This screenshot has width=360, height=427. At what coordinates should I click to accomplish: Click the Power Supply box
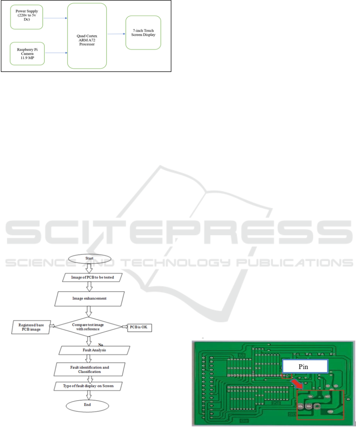[x=27, y=17]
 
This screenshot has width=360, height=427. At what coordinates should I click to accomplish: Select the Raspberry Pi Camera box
[x=27, y=54]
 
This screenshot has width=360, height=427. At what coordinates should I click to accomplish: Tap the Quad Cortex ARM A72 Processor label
[x=87, y=40]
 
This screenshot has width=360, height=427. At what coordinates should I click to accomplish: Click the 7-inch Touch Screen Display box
[x=143, y=33]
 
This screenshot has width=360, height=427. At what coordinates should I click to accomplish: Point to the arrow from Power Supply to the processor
[x=55, y=18]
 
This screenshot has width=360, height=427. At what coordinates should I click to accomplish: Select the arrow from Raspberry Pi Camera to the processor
[x=56, y=53]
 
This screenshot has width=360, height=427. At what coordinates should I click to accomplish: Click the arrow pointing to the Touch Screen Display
[x=116, y=34]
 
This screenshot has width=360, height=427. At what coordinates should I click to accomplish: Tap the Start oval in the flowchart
[x=90, y=258]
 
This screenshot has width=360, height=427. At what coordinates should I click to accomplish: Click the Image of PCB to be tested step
[x=92, y=277]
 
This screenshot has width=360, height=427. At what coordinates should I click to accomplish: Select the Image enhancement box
[x=90, y=299]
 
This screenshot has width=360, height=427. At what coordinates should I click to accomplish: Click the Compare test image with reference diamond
[x=88, y=327]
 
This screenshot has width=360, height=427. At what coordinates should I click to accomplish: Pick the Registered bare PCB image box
[x=31, y=327]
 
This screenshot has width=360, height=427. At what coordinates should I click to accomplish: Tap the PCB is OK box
[x=139, y=327]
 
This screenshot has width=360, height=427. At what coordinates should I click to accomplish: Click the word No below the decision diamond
[x=101, y=345]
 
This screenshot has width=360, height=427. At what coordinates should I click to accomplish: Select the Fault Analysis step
[x=94, y=350]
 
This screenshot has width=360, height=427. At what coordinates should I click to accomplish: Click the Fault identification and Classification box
[x=90, y=369]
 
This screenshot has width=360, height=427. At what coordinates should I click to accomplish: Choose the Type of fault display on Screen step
[x=88, y=386]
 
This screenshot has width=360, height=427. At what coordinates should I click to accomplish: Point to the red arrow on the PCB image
[x=297, y=384]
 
